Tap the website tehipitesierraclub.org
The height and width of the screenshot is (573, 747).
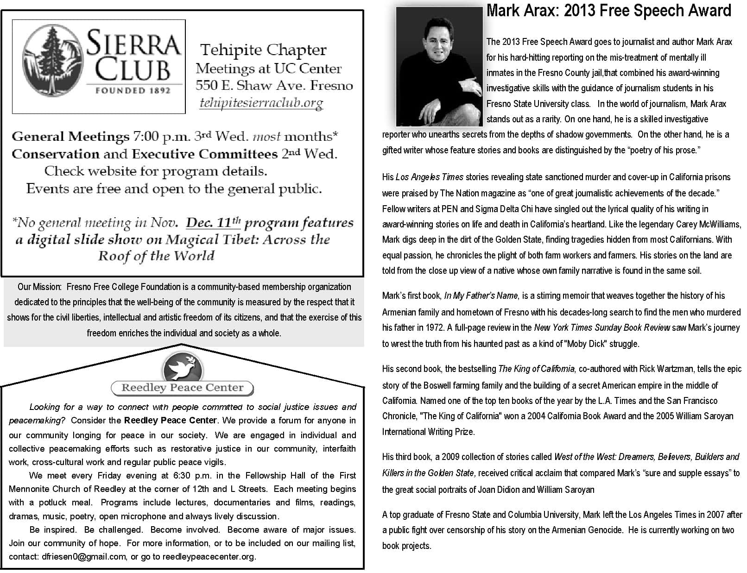(261, 103)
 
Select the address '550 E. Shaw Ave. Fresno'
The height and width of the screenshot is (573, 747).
(274, 86)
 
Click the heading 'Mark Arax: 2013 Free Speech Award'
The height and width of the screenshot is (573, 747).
(608, 11)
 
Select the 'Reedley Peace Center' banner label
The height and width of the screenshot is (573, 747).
(182, 388)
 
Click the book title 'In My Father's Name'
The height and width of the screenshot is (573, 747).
(481, 296)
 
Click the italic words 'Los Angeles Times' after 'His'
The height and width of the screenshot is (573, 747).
(430, 177)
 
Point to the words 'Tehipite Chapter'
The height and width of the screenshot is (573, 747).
(263, 50)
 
